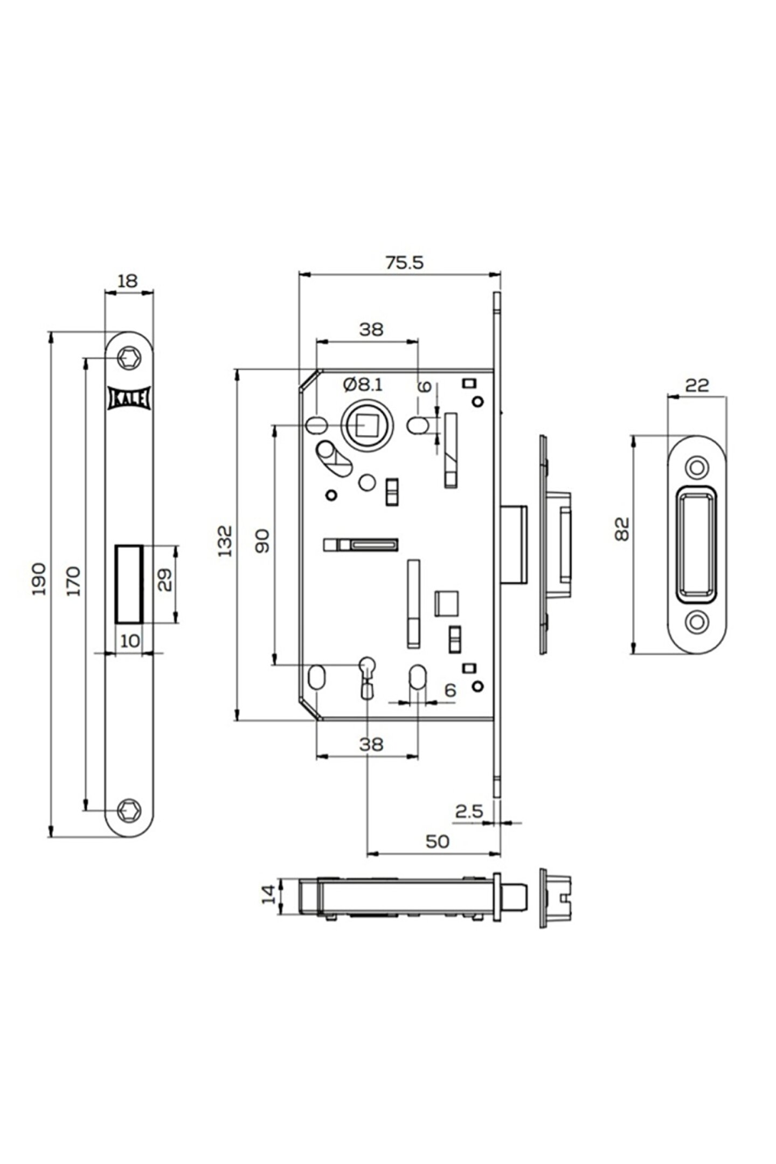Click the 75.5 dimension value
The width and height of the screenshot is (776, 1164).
(x=404, y=262)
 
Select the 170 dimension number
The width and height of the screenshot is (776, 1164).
(x=74, y=580)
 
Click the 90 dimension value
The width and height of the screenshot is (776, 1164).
(x=262, y=541)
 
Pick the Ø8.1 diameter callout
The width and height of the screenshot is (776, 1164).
(x=363, y=384)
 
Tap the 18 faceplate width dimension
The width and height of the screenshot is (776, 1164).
(x=128, y=281)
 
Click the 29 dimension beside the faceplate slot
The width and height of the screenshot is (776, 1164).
(x=165, y=580)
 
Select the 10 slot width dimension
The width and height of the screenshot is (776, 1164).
(x=129, y=641)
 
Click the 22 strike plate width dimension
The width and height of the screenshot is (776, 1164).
(x=697, y=385)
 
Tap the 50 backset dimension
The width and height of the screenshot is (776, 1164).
(x=436, y=841)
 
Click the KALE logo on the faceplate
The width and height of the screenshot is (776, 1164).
(x=129, y=399)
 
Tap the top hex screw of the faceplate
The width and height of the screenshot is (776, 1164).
(x=130, y=357)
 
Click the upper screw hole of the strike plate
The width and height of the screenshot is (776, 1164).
(x=697, y=467)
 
